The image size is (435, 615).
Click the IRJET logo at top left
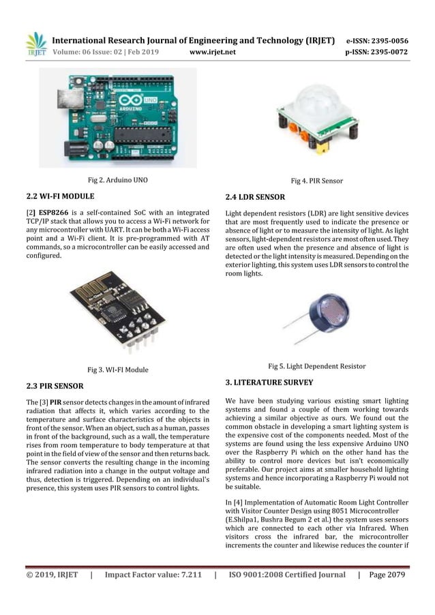pyautogui.click(x=36, y=44)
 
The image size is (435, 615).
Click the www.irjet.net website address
pyautogui.click(x=212, y=52)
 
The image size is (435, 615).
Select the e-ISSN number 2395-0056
pyautogui.click(x=388, y=40)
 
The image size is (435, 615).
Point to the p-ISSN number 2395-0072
pyautogui.click(x=388, y=52)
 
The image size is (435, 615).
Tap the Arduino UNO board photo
pyautogui.click(x=117, y=117)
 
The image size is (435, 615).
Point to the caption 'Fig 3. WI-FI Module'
pyautogui.click(x=117, y=370)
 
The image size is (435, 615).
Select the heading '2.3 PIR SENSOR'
pyautogui.click(x=55, y=386)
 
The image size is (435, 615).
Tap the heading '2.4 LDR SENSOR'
pyautogui.click(x=255, y=197)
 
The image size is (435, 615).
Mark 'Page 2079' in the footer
pyautogui.click(x=387, y=575)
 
